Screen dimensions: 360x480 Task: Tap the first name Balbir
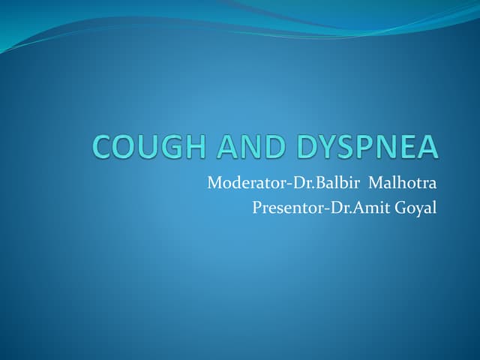(346, 181)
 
